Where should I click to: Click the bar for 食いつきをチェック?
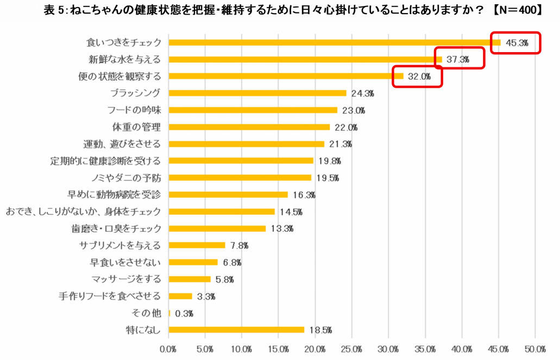click(x=335, y=42)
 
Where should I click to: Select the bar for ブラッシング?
click(x=257, y=93)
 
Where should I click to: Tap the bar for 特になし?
click(x=236, y=330)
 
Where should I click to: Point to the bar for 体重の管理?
click(x=249, y=127)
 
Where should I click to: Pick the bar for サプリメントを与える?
click(x=197, y=245)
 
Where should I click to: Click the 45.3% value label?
click(x=517, y=43)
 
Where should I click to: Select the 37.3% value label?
click(x=458, y=60)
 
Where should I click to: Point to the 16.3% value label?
click(x=304, y=195)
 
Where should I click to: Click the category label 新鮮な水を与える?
click(x=125, y=59)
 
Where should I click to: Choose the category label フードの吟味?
click(x=134, y=110)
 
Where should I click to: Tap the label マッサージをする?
click(x=126, y=279)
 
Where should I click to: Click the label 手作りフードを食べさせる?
click(x=110, y=296)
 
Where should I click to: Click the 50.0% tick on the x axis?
click(x=535, y=348)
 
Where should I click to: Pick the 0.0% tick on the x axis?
click(x=169, y=348)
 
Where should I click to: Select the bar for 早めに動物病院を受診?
click(x=228, y=194)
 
